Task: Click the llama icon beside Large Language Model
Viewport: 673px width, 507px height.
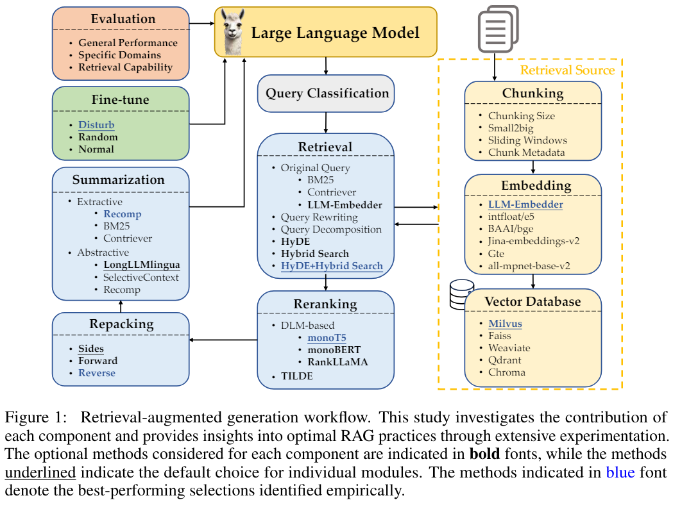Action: click(230, 31)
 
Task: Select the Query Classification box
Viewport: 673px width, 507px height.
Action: click(327, 94)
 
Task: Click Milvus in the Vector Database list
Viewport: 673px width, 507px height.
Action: click(505, 324)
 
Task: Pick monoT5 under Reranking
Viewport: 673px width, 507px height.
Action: click(327, 338)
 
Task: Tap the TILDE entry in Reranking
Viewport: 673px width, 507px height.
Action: click(296, 376)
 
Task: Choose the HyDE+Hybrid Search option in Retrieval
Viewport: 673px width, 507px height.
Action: click(332, 266)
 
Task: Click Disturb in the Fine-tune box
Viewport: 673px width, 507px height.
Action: click(96, 124)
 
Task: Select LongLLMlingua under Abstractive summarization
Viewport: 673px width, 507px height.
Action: click(141, 265)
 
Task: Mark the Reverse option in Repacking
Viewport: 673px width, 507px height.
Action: click(97, 373)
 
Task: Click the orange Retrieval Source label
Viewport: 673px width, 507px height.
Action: click(567, 71)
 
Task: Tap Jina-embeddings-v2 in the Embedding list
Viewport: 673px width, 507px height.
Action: click(533, 241)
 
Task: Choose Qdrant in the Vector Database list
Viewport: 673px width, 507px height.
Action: click(506, 360)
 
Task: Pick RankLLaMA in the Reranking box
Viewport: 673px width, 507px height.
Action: click(337, 362)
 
